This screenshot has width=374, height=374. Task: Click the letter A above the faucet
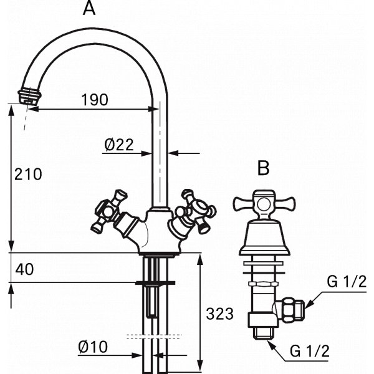tap(89, 9)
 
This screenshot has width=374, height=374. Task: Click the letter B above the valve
tap(263, 168)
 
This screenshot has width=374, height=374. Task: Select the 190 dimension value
tap(95, 100)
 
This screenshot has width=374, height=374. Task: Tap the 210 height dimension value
tap(28, 174)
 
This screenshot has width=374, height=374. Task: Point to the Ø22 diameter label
tap(119, 145)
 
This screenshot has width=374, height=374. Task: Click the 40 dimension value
tap(24, 269)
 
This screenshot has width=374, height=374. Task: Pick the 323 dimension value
tap(219, 314)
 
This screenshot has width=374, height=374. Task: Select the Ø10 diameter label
tap(93, 347)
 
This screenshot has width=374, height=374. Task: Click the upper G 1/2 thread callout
tap(347, 282)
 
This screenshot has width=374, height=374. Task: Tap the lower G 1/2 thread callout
tap(309, 351)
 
